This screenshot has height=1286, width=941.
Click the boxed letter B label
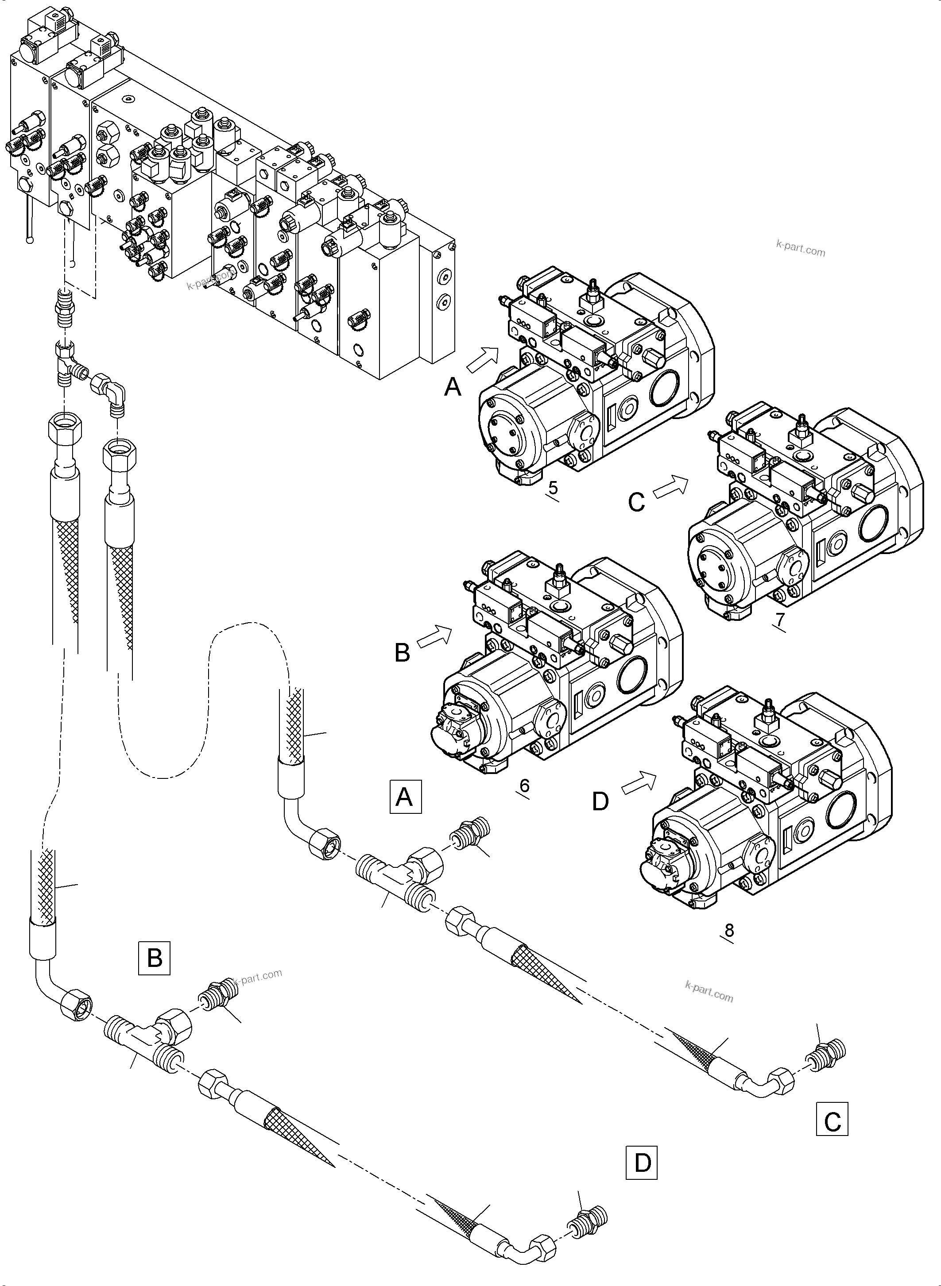point(155,958)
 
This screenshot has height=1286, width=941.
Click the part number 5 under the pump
point(552,488)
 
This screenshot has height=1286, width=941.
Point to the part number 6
point(524,785)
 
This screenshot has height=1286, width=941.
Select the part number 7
point(780,618)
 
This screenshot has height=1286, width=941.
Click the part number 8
point(728,930)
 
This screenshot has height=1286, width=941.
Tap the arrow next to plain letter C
point(670,488)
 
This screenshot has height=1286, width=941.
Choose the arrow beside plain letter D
point(639,783)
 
